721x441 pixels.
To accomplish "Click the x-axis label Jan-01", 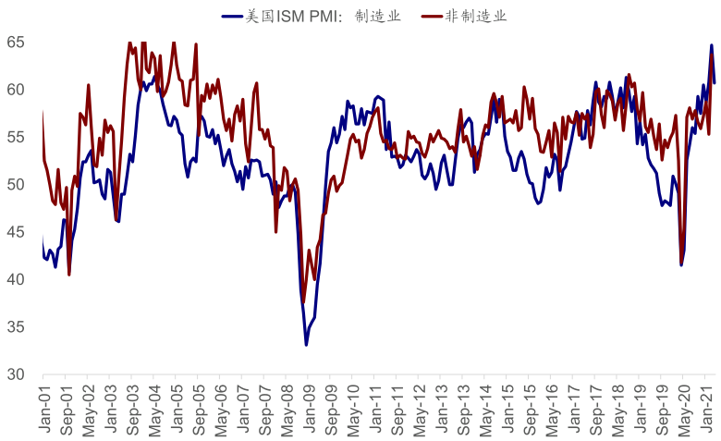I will [x=43, y=407].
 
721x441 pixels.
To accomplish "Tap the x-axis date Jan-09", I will [x=309, y=407].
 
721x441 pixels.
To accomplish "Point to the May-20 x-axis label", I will [x=685, y=408].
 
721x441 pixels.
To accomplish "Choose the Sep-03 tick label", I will [x=132, y=408].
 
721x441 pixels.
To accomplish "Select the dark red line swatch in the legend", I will [x=431, y=16].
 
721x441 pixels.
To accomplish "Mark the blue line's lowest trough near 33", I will [x=306, y=345].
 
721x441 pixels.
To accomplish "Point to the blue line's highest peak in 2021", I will [x=712, y=45].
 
